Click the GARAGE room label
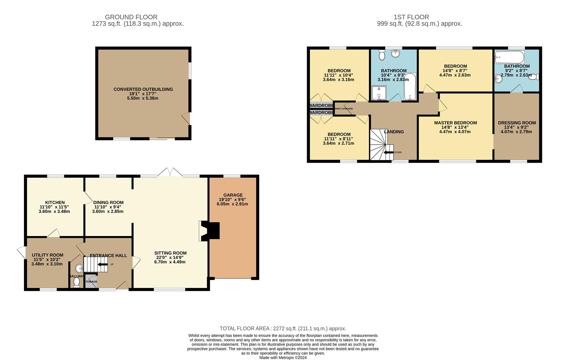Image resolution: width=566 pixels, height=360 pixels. (x=233, y=195)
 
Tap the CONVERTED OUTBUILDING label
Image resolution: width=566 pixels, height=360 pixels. (x=143, y=89)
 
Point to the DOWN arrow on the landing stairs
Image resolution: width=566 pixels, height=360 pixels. (x=388, y=152)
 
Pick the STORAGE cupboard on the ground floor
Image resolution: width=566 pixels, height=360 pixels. (x=90, y=281)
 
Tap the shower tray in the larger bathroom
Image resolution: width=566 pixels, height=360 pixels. (x=379, y=93)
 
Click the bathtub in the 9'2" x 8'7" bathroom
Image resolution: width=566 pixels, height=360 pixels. (x=509, y=57)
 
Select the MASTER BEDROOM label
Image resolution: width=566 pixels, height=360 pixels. (x=455, y=123)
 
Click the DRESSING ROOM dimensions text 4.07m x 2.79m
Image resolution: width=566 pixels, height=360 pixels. (x=516, y=132)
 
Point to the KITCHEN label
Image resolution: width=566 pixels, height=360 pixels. (x=55, y=202)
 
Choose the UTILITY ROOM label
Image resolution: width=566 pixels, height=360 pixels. (x=47, y=255)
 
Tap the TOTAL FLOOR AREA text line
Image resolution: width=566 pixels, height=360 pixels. (x=283, y=329)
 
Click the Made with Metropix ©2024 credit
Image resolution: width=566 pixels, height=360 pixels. (x=283, y=358)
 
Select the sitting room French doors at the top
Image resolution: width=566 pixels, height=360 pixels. (x=170, y=173)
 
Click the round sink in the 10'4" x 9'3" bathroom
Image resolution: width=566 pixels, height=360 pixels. (x=396, y=53)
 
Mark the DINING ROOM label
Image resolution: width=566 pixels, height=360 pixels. (x=108, y=202)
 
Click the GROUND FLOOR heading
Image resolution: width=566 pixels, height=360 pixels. (x=131, y=17)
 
